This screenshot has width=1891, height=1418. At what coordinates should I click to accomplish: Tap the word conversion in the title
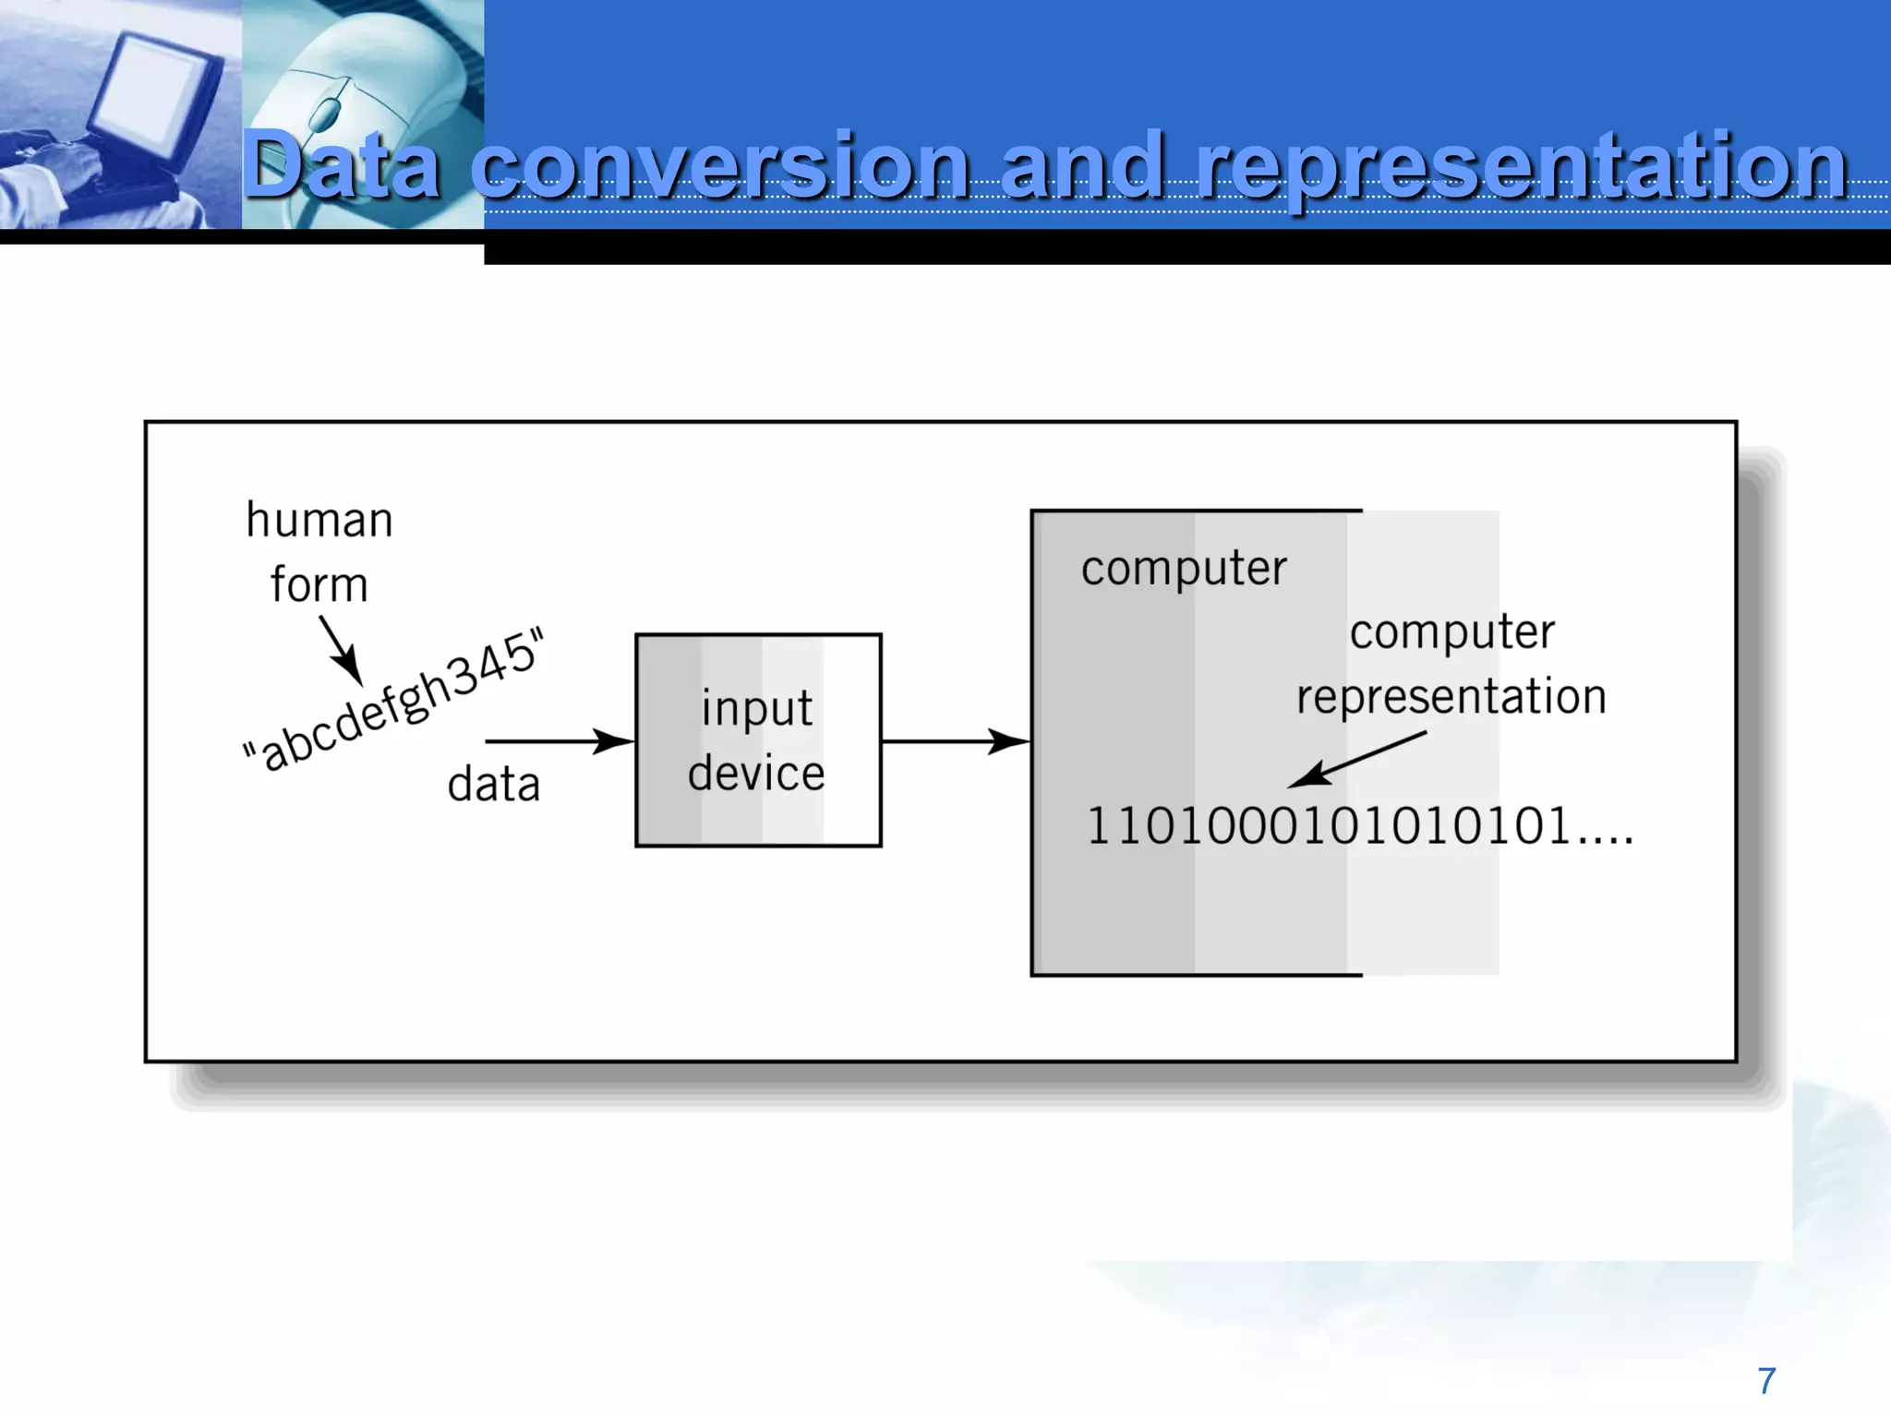coord(720,166)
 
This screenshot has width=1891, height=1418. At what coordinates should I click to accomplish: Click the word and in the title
coord(1080,166)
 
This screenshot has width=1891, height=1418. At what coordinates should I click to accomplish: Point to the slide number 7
coord(1766,1381)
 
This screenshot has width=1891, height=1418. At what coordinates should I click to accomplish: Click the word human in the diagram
coord(319,520)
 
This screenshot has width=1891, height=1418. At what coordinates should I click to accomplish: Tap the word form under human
coord(319,585)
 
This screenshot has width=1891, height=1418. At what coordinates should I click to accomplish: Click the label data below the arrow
coord(493,785)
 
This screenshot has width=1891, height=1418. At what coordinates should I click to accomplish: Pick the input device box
coord(758,739)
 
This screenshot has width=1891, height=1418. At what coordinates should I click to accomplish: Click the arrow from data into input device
coord(560,741)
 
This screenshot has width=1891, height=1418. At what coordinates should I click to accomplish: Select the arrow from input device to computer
coord(956,741)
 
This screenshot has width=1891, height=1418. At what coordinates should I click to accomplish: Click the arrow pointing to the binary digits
coord(1357,760)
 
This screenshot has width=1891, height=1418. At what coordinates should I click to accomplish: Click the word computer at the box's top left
coord(1184,568)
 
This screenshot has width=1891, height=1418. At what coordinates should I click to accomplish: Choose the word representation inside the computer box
coord(1451,696)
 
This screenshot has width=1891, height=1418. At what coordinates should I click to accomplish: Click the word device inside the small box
coord(756,773)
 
